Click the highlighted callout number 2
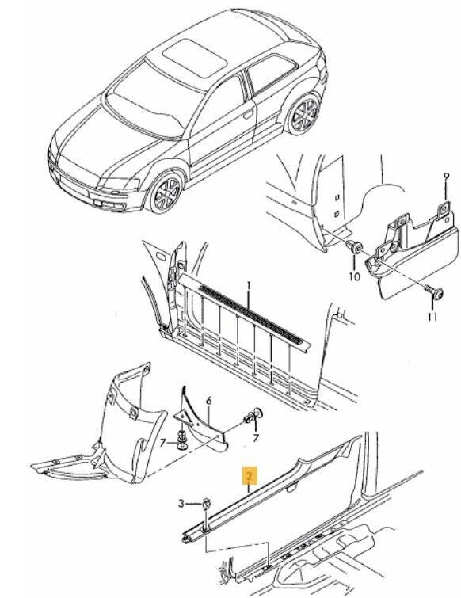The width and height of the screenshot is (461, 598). tap(250, 475)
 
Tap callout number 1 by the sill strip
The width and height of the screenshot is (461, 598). tap(249, 286)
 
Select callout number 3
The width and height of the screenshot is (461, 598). tap(181, 504)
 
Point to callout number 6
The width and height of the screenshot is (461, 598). tap(208, 401)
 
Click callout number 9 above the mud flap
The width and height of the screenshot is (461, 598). tap(447, 176)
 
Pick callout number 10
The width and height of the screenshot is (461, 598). tap(355, 276)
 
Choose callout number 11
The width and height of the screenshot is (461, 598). tap(432, 316)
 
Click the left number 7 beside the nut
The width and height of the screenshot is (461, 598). tap(163, 443)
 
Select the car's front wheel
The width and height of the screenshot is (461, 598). tap(165, 193)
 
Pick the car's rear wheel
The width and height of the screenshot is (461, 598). tap(304, 113)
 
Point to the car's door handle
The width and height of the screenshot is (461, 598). tap(249, 113)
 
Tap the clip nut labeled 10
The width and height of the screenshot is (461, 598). tap(355, 248)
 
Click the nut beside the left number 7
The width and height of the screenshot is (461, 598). tap(182, 441)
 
